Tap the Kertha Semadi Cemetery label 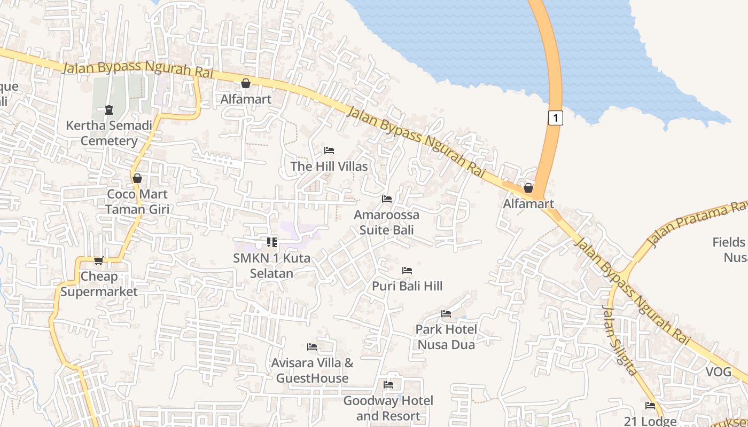(x=109, y=133)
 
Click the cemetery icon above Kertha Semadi (x=109, y=110)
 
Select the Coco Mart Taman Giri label (x=137, y=201)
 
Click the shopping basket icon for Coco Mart (x=137, y=178)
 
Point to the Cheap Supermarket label (x=99, y=284)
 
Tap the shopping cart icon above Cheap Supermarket (x=98, y=260)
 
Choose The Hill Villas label (x=329, y=167)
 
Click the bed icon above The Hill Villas (x=329, y=151)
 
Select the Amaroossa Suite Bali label (x=387, y=223)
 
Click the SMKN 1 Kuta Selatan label (x=272, y=265)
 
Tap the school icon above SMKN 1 (x=272, y=242)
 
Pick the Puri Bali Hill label (x=407, y=286)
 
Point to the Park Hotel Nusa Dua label (x=446, y=337)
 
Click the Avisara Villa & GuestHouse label (x=313, y=370)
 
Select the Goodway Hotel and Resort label (x=388, y=408)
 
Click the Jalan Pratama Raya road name (x=697, y=225)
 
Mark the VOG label (x=719, y=372)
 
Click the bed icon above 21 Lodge (x=650, y=406)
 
